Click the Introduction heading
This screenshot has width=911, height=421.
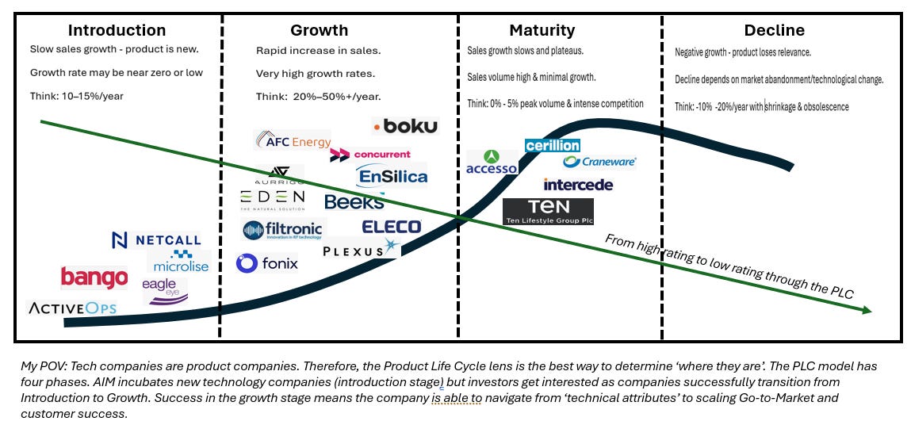117,31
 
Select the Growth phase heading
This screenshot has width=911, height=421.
319,31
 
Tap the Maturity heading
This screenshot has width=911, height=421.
542,31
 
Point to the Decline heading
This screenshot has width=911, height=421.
774,31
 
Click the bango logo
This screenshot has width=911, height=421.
94,277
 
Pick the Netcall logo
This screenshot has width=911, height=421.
156,239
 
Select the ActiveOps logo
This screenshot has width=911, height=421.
71,307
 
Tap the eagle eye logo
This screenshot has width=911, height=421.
165,290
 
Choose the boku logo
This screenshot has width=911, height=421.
405,126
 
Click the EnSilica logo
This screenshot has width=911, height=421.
392,176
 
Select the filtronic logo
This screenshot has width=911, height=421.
283,230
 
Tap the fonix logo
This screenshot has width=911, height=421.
267,262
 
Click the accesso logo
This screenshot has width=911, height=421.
492,163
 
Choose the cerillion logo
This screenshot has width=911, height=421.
553,146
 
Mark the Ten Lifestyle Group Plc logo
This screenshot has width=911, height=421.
548,212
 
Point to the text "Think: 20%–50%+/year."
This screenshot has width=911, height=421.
318,97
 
